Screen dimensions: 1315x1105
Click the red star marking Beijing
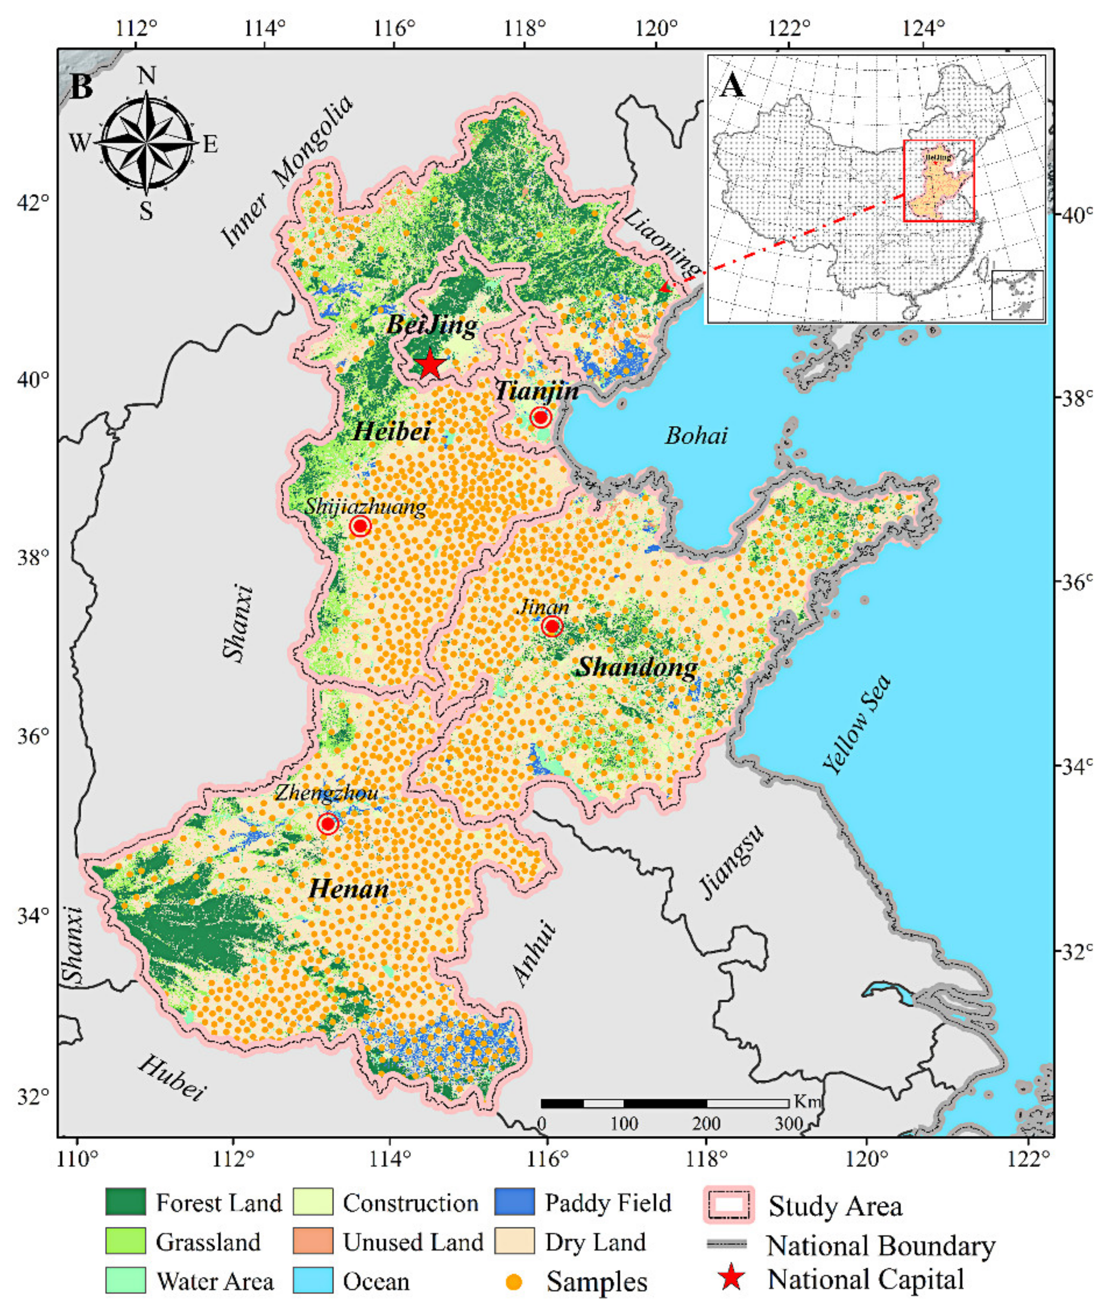[429, 365]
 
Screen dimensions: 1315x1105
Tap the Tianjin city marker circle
[541, 417]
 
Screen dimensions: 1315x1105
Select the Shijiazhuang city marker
[360, 526]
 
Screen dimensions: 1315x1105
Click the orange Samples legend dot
[514, 1282]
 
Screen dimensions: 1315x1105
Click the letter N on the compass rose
[146, 75]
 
